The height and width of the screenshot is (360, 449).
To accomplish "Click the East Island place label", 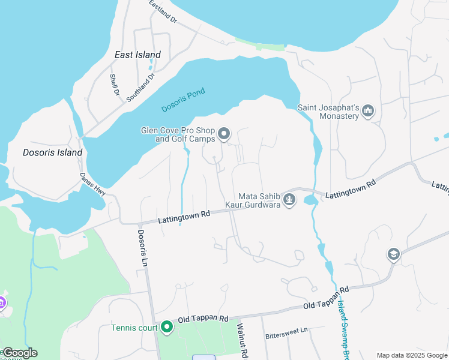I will click(x=137, y=55).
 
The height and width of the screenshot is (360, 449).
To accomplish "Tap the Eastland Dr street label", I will click(x=163, y=11).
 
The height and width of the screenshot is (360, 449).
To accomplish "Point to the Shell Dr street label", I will click(x=113, y=85).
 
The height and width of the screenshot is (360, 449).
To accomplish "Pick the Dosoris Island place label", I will click(x=52, y=152).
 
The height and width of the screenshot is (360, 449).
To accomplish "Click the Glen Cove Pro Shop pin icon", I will click(x=224, y=134).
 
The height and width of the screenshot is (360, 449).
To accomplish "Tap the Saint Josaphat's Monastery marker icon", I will click(x=369, y=111).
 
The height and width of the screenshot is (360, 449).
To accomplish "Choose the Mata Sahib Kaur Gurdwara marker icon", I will click(x=289, y=199).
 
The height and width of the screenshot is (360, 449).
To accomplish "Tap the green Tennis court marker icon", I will click(x=166, y=327).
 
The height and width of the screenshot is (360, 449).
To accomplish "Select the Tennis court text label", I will click(x=133, y=328).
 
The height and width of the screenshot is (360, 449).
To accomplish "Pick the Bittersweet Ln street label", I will click(x=286, y=330).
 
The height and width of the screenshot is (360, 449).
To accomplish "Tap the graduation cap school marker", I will click(x=393, y=254).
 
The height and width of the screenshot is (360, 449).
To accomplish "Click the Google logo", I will click(x=20, y=353).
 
